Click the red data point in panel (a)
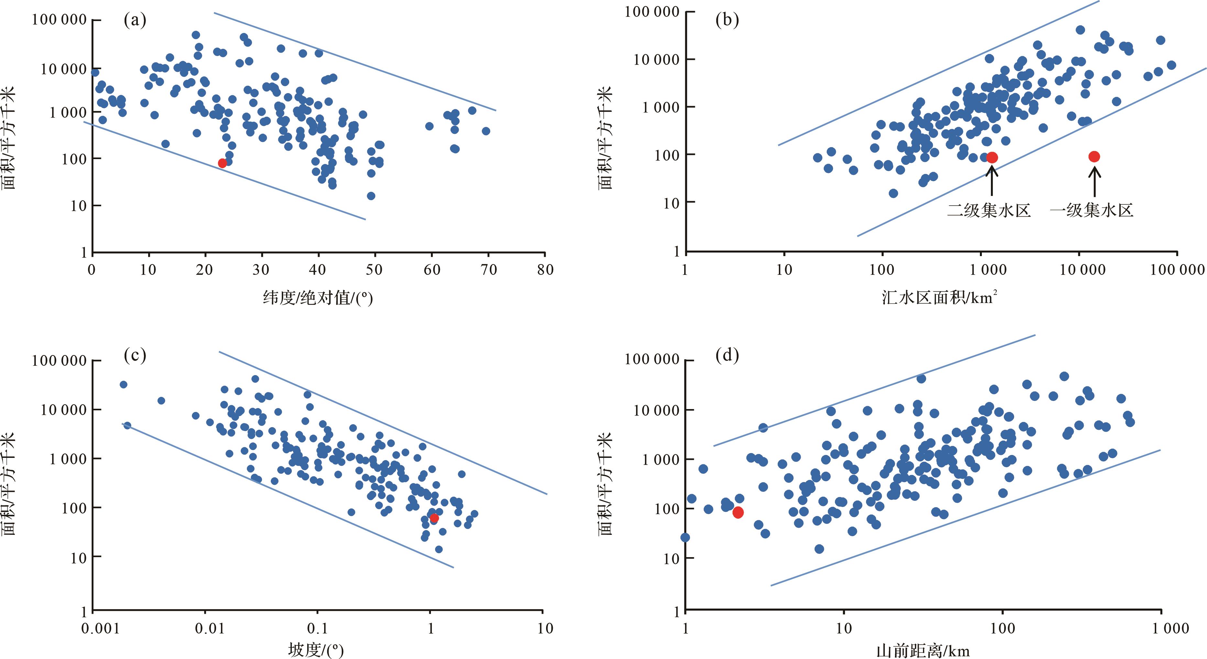point(222,163)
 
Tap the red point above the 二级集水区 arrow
point(992,157)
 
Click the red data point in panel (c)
point(434,518)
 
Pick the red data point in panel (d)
point(738,513)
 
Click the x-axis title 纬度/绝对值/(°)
point(318,297)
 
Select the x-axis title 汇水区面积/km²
point(939,297)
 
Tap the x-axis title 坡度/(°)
point(316,650)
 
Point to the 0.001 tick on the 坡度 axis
point(101,628)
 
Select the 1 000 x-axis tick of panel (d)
point(1170,628)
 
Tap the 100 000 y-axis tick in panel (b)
point(652,12)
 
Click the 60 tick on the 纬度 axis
point(432,269)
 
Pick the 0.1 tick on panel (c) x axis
point(318,628)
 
